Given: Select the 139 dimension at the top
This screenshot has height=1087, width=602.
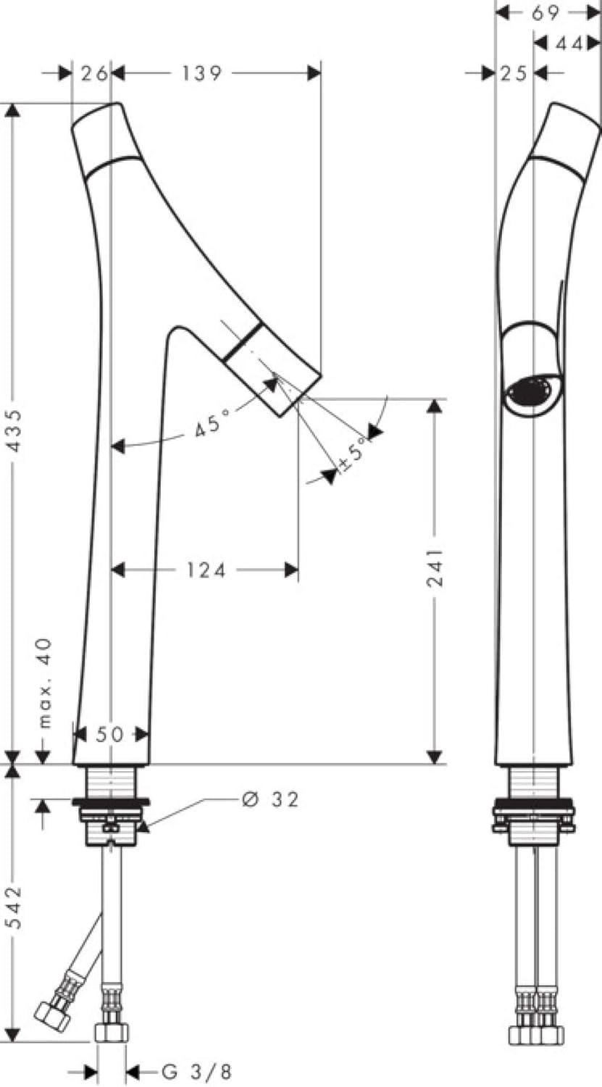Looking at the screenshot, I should coord(202,72).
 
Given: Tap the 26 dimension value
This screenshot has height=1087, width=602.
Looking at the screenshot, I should coord(92,72).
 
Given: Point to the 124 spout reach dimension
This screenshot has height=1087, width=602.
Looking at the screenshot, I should coord(203,571).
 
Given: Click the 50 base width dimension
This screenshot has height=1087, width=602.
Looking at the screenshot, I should coord(110,735).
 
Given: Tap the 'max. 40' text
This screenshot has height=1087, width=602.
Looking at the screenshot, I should coord(45,682).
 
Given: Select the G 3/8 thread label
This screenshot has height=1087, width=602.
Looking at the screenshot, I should coord(196,1071).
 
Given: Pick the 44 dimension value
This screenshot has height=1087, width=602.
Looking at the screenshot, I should coord(569,44).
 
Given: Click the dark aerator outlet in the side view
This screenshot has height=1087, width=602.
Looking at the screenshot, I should coord(532,392).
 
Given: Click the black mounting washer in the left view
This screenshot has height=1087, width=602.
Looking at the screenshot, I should coord(110,802).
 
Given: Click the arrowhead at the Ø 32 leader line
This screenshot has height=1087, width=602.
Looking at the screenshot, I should coord(143,825).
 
